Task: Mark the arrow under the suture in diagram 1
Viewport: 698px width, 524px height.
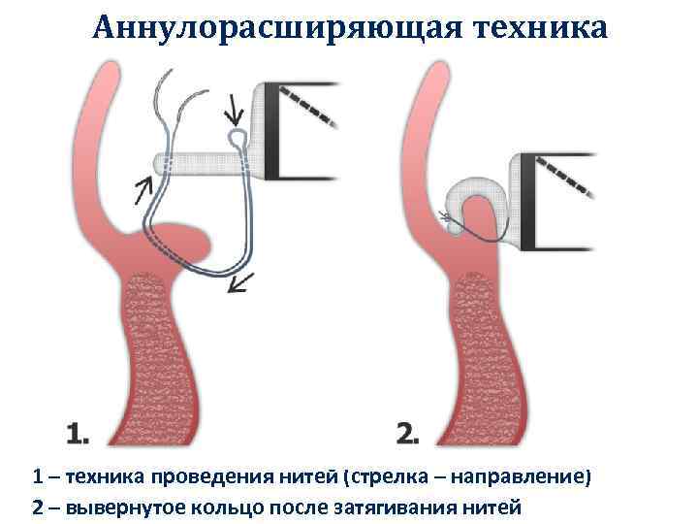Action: click(x=241, y=282)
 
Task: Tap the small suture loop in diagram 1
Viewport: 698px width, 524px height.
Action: click(x=237, y=139)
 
